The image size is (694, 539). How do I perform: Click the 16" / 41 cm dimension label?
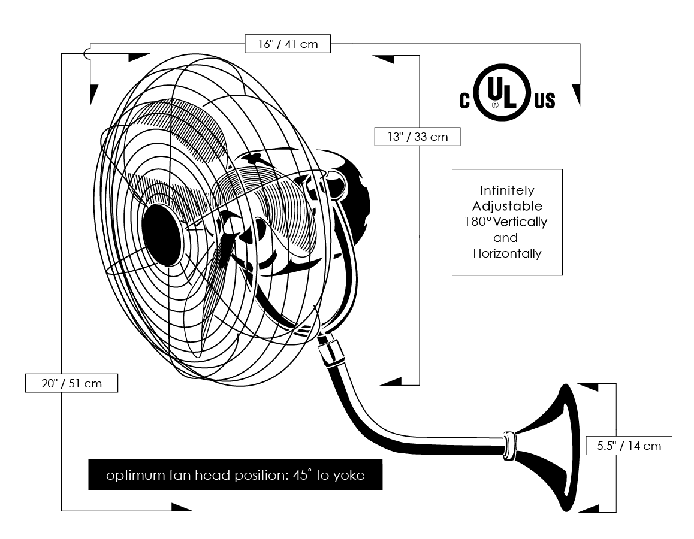point(287,44)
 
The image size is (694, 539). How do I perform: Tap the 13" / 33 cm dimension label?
point(417,137)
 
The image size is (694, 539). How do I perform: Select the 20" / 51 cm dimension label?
point(71,383)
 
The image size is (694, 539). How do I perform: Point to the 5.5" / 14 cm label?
point(628,445)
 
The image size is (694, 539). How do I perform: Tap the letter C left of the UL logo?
point(464,101)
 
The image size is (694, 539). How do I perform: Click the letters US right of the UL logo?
point(544,101)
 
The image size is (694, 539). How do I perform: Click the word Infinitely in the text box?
point(507,191)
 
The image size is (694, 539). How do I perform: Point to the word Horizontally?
point(507,253)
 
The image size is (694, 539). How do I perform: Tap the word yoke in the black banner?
point(349,476)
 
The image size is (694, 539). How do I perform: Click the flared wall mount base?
point(563,449)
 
